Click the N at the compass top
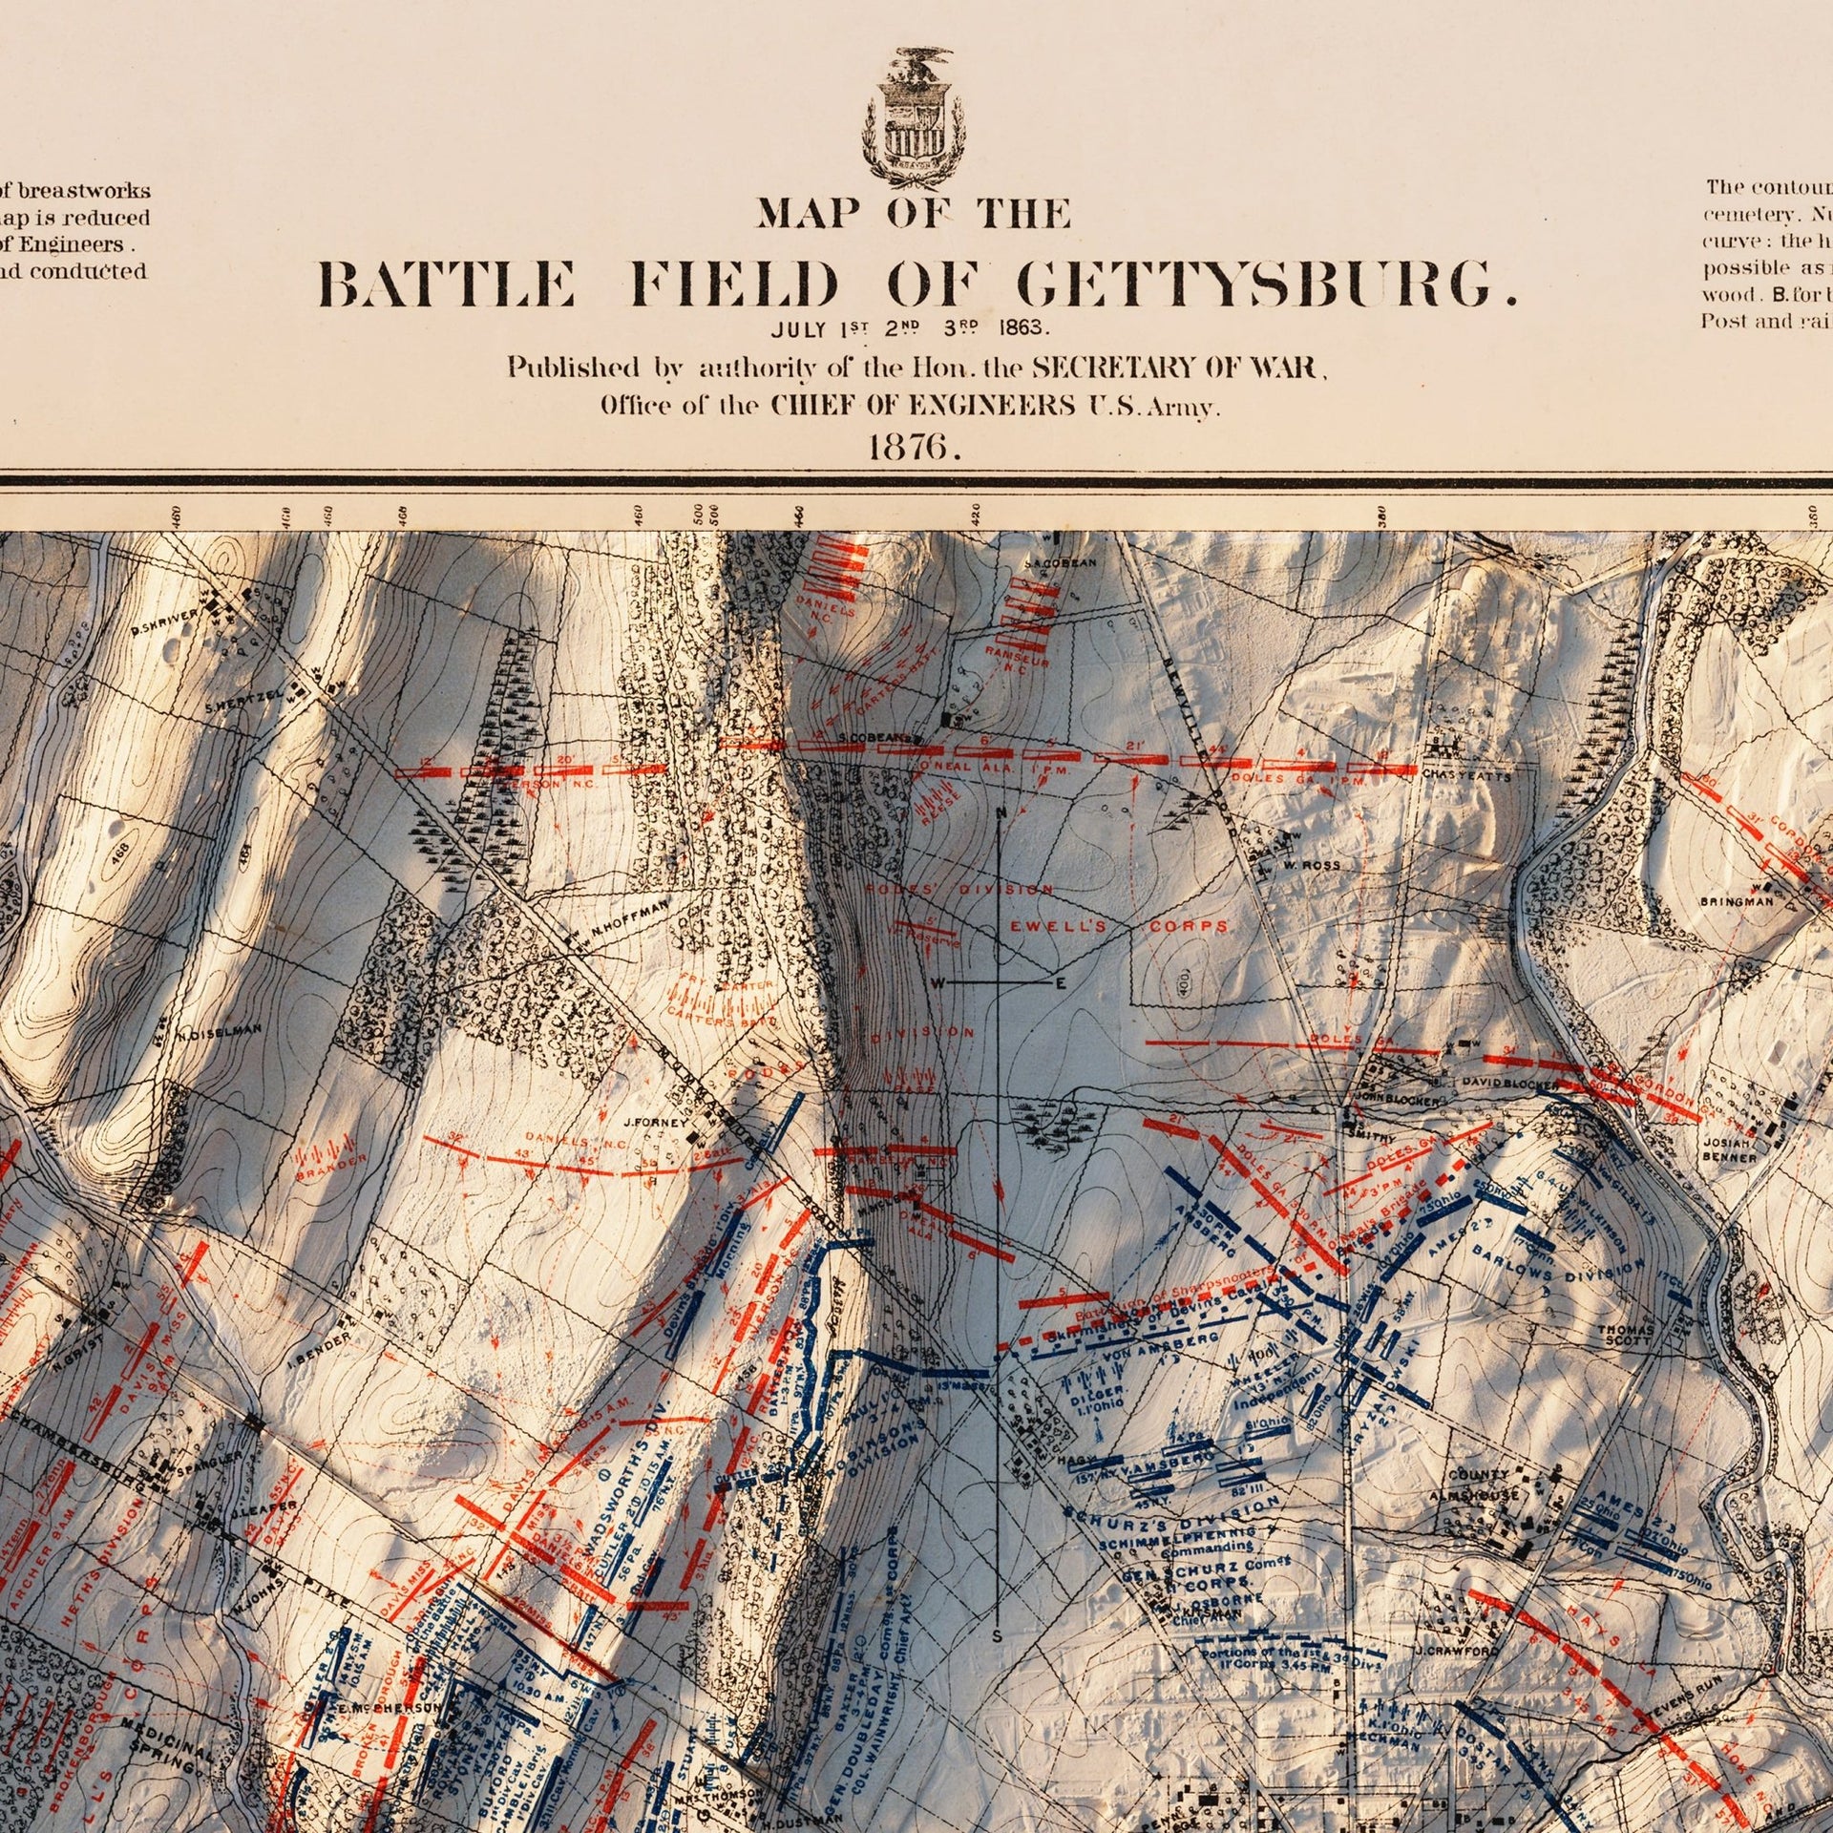tap(1000, 812)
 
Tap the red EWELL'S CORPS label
tap(1117, 927)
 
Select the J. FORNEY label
tap(655, 1123)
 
